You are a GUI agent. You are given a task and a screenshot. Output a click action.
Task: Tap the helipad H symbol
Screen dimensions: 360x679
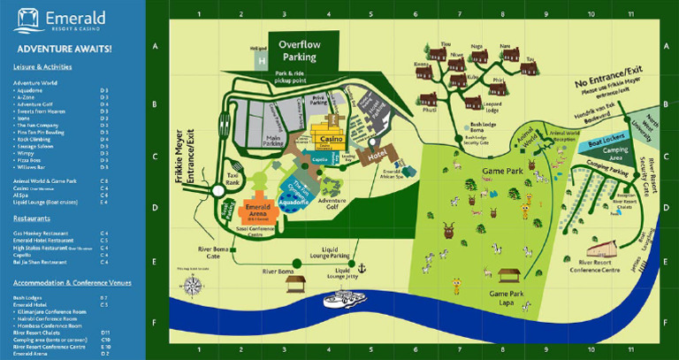click(x=261, y=60)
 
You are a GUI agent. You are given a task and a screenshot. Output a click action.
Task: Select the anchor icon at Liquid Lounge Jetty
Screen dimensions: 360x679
click(x=360, y=267)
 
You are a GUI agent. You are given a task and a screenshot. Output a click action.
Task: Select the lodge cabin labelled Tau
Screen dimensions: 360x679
click(x=530, y=69)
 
